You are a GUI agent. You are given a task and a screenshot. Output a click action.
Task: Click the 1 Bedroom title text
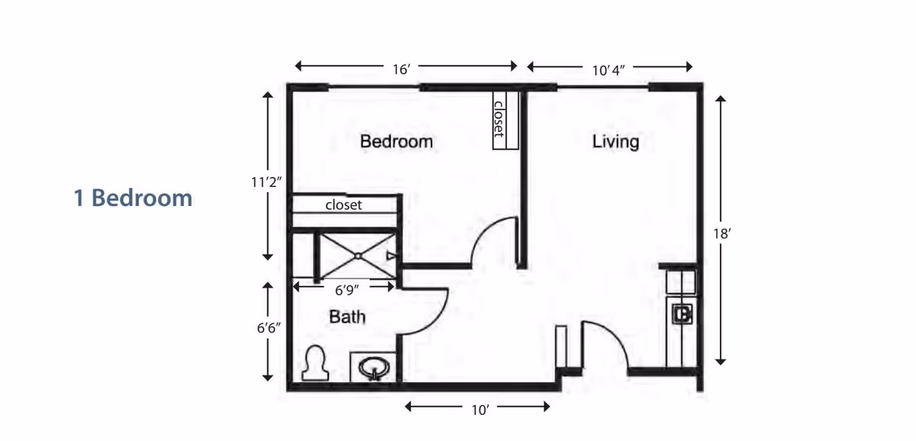(133, 198)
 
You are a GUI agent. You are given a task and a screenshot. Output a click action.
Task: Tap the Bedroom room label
(396, 141)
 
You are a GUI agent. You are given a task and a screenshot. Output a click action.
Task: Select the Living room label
(615, 142)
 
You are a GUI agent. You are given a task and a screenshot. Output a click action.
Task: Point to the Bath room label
(347, 316)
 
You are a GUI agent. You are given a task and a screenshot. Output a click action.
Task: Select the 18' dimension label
(721, 234)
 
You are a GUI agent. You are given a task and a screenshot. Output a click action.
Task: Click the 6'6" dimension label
(268, 330)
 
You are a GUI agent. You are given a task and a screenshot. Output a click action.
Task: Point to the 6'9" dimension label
(347, 290)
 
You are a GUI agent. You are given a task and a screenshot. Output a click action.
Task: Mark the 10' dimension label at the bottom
(479, 410)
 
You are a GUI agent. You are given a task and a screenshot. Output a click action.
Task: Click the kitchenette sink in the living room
(682, 313)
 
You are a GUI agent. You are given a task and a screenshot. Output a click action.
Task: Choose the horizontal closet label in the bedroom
(343, 205)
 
